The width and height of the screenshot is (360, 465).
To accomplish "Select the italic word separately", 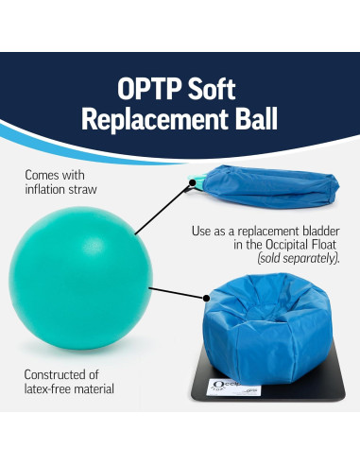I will coord(305,258).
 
